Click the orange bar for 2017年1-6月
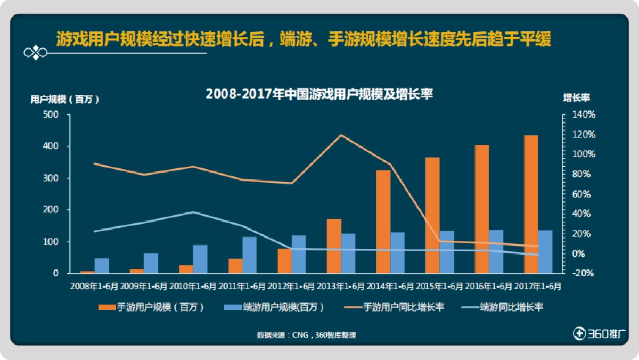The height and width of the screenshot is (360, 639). [x=531, y=204]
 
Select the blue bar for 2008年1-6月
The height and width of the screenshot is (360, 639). [x=102, y=266]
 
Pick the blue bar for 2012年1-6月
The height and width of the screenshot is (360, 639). [x=299, y=254]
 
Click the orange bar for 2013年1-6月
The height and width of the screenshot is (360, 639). [x=334, y=246]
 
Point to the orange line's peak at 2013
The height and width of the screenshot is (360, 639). [x=341, y=135]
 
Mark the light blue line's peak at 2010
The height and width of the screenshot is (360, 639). [x=193, y=212]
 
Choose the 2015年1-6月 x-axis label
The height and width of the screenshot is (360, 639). [x=439, y=286]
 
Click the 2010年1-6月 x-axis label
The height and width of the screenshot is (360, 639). [x=193, y=286]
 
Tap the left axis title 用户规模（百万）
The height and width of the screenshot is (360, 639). [x=64, y=99]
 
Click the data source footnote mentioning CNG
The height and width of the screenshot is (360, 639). [x=306, y=336]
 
